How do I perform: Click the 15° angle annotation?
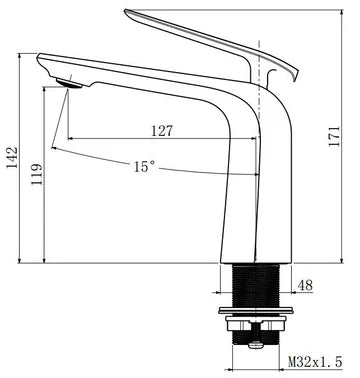143,167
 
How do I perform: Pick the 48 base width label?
305,286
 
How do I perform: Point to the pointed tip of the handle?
128,13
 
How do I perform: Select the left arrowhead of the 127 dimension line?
70,137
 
